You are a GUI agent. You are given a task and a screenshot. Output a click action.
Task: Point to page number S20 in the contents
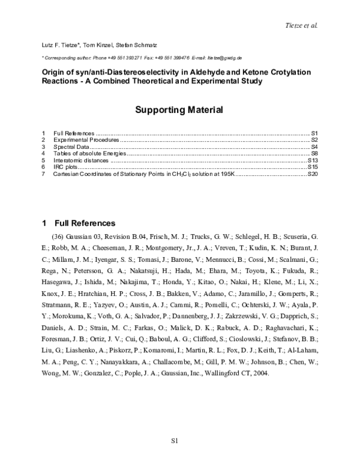312,175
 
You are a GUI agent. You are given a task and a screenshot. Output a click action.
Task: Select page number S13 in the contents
312,161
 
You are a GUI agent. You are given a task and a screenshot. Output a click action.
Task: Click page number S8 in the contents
314,154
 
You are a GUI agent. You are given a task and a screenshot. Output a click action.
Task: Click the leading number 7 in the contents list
43,175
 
